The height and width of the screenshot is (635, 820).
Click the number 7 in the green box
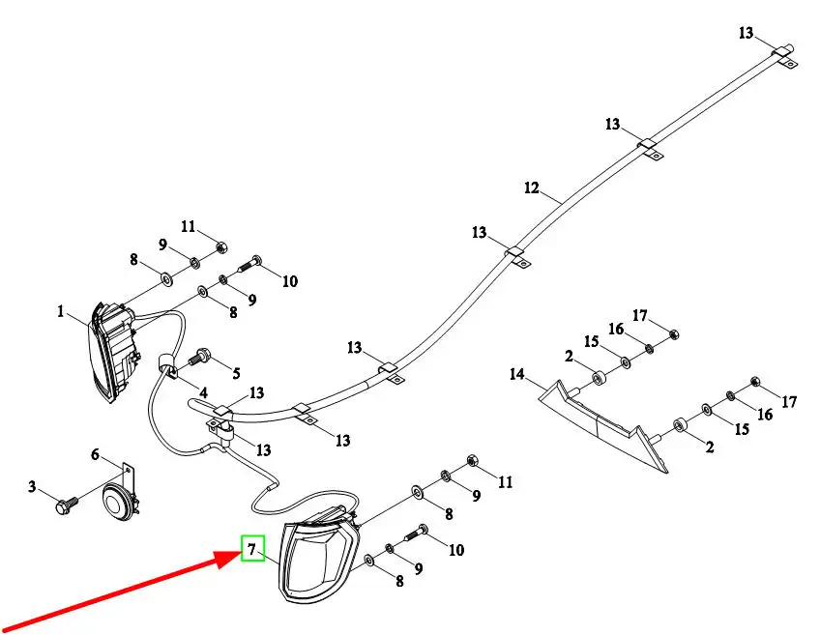pyautogui.click(x=251, y=551)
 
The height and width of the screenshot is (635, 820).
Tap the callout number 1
pyautogui.click(x=60, y=312)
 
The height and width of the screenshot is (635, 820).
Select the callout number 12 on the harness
pyautogui.click(x=531, y=188)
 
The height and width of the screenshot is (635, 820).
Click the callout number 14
pyautogui.click(x=517, y=374)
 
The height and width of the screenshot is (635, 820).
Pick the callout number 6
pyautogui.click(x=96, y=454)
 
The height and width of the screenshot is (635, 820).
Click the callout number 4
pyautogui.click(x=203, y=393)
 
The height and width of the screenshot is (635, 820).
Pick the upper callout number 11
pyautogui.click(x=189, y=227)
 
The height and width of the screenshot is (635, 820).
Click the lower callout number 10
pyautogui.click(x=455, y=550)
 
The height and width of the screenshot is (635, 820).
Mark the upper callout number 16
pyautogui.click(x=615, y=330)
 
